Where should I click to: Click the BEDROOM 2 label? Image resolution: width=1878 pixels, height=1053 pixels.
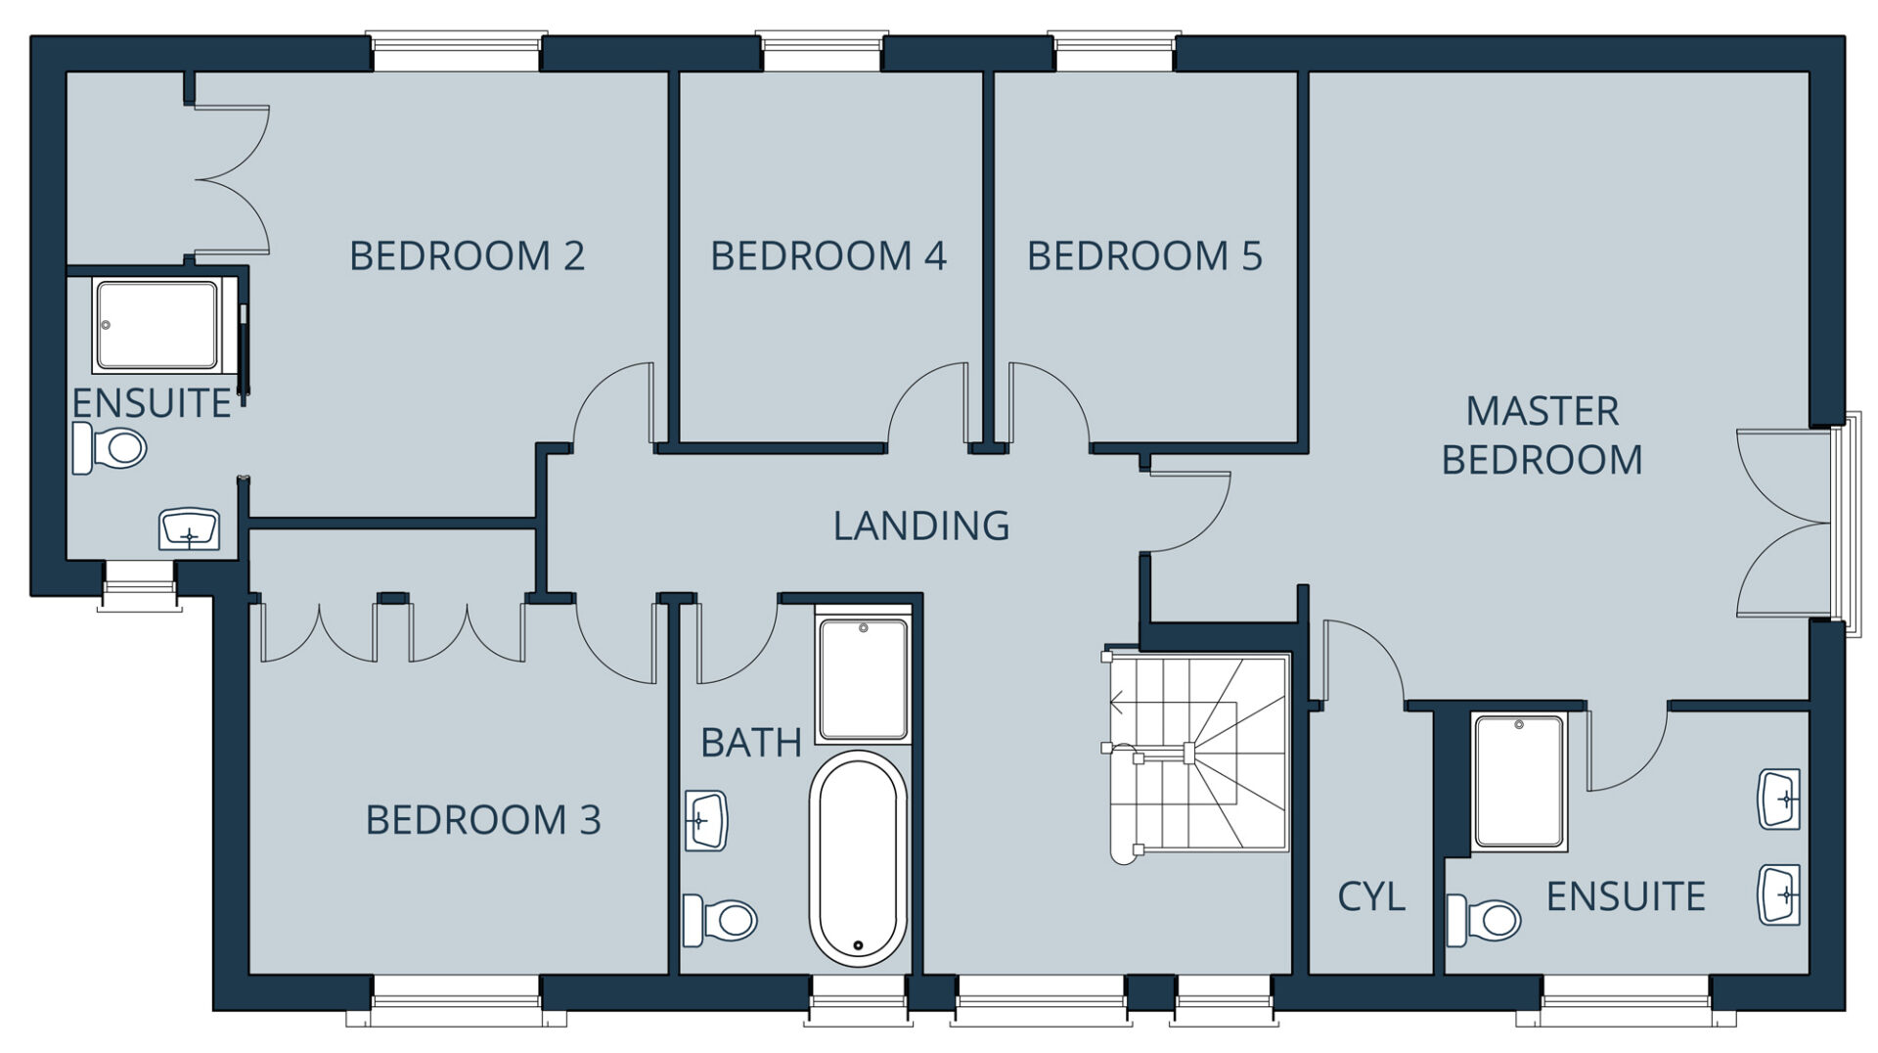(467, 256)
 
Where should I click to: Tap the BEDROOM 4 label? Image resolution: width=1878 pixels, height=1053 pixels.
(828, 256)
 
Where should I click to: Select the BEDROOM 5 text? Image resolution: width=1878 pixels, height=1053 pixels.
(1144, 256)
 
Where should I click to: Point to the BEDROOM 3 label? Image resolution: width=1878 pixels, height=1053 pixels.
(483, 820)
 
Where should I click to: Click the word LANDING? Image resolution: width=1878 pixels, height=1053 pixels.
(921, 526)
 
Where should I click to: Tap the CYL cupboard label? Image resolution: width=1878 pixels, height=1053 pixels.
(1371, 896)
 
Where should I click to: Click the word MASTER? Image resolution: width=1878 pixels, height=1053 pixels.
(1543, 412)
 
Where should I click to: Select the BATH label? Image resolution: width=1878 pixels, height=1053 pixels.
(751, 744)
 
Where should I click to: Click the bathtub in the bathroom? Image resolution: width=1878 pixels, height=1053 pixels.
(858, 858)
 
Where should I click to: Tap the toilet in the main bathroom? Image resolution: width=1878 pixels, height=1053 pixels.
(720, 920)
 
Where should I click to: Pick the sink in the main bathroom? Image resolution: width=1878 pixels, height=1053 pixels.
(706, 820)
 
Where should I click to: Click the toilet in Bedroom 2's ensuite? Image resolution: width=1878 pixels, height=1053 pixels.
(110, 449)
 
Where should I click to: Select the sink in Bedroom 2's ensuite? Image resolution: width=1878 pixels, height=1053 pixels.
(190, 529)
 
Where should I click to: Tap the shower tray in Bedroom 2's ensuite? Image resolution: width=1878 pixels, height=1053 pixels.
(156, 326)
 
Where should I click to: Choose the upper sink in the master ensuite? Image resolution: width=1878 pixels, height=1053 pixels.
(1779, 800)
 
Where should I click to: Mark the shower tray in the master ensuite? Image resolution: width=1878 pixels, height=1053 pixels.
(1519, 781)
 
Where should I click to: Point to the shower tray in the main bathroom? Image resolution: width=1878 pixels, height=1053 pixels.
(864, 679)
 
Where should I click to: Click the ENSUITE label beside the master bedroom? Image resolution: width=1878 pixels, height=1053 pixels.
(1626, 896)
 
